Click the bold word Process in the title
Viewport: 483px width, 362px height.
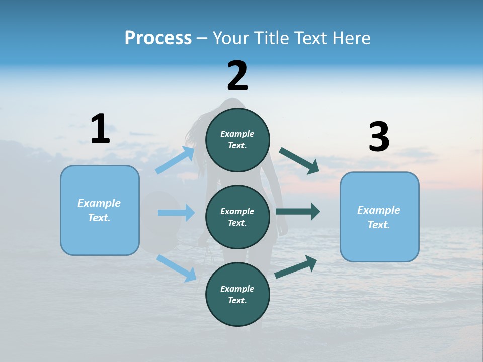click(x=158, y=38)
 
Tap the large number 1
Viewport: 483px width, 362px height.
click(x=100, y=129)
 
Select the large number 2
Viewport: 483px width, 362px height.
click(x=237, y=76)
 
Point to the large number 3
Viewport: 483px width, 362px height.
click(x=379, y=137)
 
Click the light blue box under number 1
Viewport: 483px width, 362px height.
click(x=100, y=210)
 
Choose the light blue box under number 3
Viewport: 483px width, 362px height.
click(x=379, y=217)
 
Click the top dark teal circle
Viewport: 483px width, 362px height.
click(x=237, y=140)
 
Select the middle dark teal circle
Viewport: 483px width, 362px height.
click(x=237, y=217)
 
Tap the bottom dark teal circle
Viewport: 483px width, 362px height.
click(x=237, y=295)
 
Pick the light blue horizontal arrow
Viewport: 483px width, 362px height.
click(x=176, y=213)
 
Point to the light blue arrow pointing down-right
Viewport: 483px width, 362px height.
click(x=177, y=268)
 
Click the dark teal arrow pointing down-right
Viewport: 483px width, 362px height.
click(x=299, y=161)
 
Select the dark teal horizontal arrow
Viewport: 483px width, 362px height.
click(x=298, y=211)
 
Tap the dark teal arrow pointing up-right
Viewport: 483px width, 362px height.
click(x=296, y=267)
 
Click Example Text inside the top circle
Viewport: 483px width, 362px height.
click(x=237, y=140)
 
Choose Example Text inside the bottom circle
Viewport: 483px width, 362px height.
click(x=237, y=295)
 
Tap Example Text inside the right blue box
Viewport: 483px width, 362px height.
click(x=379, y=217)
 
